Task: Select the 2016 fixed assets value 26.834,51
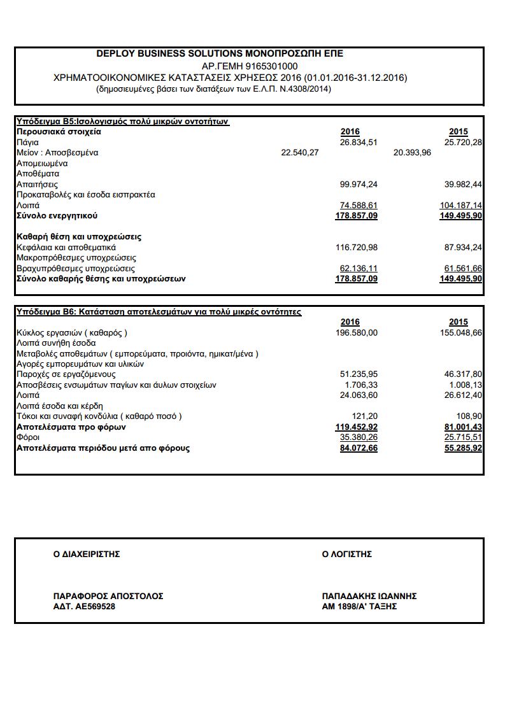coord(359,142)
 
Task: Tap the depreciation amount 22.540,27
coord(300,153)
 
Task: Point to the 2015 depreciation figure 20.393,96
coord(412,153)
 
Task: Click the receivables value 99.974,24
coord(359,185)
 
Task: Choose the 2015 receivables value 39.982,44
coord(463,185)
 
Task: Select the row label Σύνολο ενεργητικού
coord(57,216)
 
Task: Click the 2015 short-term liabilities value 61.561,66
coord(460,269)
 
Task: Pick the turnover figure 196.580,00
coord(356,332)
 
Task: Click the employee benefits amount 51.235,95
coord(359,374)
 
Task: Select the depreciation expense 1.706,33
coord(361,385)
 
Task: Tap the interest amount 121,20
coord(364,416)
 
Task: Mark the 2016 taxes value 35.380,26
coord(359,437)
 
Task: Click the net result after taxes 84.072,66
coord(359,448)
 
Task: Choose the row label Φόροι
coord(28,437)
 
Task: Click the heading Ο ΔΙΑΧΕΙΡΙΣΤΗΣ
coord(87,555)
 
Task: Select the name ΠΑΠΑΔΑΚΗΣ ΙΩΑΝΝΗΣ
coord(369,596)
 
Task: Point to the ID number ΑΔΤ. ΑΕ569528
coord(84,607)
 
